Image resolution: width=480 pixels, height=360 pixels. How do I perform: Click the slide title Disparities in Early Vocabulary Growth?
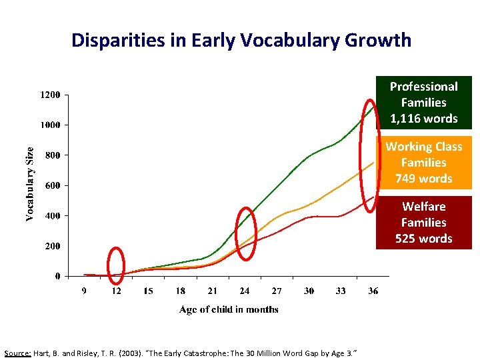pyautogui.click(x=241, y=40)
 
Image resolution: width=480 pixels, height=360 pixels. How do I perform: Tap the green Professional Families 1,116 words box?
pyautogui.click(x=423, y=103)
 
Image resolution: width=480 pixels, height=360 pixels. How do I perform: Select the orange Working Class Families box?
pyautogui.click(x=423, y=163)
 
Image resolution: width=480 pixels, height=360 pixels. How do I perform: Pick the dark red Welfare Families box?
pyautogui.click(x=423, y=222)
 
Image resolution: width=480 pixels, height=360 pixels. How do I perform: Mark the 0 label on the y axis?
pyautogui.click(x=57, y=276)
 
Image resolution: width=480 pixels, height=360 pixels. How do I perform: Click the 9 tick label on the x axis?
pyautogui.click(x=84, y=291)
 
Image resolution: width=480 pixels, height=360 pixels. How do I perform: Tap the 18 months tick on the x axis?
pyautogui.click(x=181, y=291)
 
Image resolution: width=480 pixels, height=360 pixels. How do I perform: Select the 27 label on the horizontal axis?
pyautogui.click(x=277, y=291)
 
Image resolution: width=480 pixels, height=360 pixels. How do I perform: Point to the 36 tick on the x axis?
pyautogui.click(x=373, y=291)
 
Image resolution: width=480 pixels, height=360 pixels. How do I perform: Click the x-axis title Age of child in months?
pyautogui.click(x=229, y=309)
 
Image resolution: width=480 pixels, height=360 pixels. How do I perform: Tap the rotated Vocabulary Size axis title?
pyautogui.click(x=30, y=184)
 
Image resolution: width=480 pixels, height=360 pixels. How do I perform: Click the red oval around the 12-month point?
pyautogui.click(x=116, y=263)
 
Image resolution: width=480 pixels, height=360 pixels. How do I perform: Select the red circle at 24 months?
pyautogui.click(x=247, y=229)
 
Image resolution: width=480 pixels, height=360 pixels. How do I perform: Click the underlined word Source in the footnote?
pyautogui.click(x=16, y=352)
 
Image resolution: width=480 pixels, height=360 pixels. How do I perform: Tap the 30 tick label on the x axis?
pyautogui.click(x=309, y=291)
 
